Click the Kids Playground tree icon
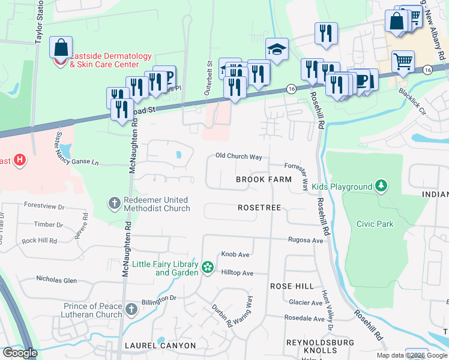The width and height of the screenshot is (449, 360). pyautogui.click(x=381, y=187)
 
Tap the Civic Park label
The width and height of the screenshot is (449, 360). pyautogui.click(x=375, y=224)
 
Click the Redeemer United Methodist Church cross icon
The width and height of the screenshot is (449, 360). pyautogui.click(x=114, y=203)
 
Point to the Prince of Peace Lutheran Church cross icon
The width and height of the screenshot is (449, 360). pyautogui.click(x=132, y=310)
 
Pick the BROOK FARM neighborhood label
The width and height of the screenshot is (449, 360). pyautogui.click(x=264, y=179)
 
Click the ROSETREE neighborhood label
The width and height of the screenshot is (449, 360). pyautogui.click(x=259, y=207)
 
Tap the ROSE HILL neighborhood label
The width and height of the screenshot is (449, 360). pyautogui.click(x=292, y=286)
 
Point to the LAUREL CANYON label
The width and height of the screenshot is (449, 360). pyautogui.click(x=160, y=346)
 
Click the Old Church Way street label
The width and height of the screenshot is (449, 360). pyautogui.click(x=239, y=157)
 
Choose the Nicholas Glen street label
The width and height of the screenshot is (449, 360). pyautogui.click(x=57, y=280)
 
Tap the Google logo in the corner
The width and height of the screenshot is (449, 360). pyautogui.click(x=20, y=353)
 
